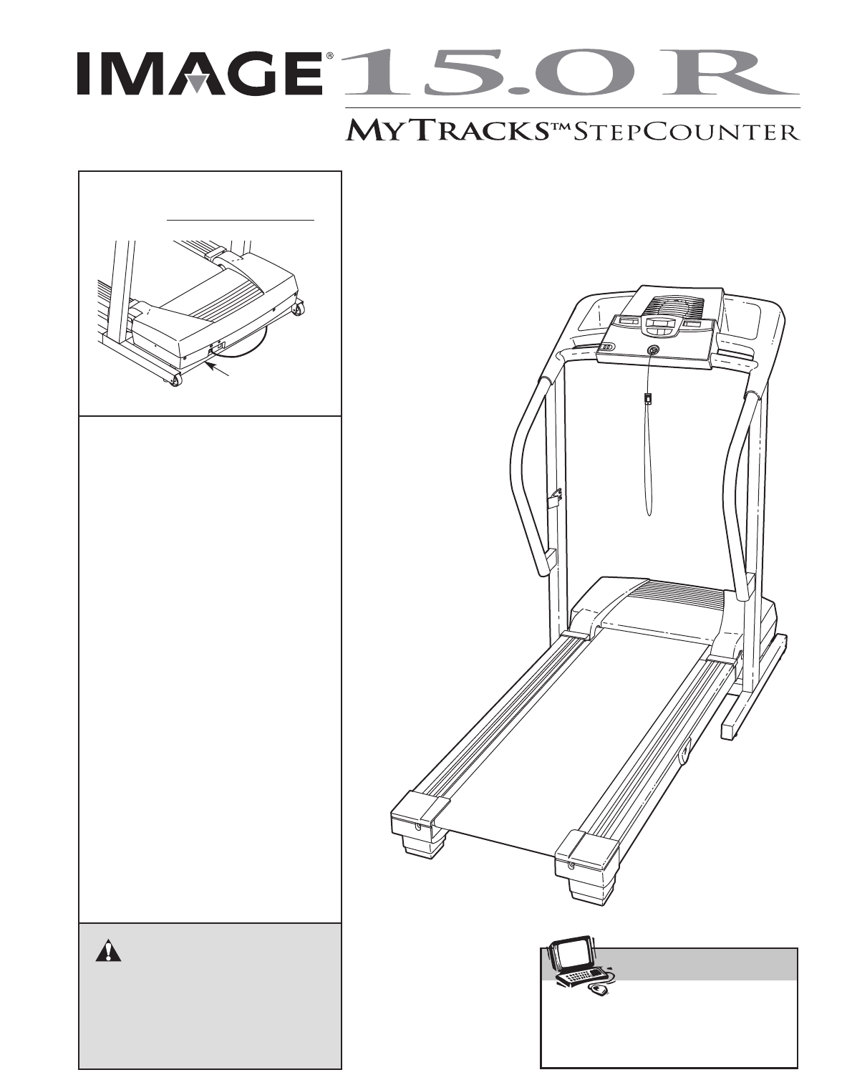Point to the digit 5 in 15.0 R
pyautogui.click(x=460, y=74)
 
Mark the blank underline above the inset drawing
pyautogui.click(x=240, y=219)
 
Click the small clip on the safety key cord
pyautogui.click(x=648, y=400)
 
